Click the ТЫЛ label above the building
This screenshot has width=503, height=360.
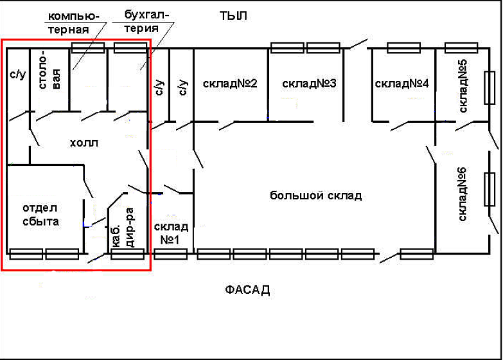pyautogui.click(x=233, y=15)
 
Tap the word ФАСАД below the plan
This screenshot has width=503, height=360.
pyautogui.click(x=247, y=290)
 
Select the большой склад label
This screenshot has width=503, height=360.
pyautogui.click(x=315, y=195)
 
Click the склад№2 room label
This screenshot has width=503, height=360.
pyautogui.click(x=230, y=84)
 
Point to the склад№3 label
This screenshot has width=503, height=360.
pyautogui.click(x=309, y=84)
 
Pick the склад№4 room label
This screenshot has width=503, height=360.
pyautogui.click(x=402, y=84)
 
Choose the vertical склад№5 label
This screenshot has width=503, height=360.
pyautogui.click(x=463, y=86)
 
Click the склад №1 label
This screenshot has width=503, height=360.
pyautogui.click(x=171, y=233)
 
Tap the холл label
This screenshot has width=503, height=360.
pyautogui.click(x=84, y=143)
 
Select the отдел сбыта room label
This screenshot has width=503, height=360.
pyautogui.click(x=40, y=215)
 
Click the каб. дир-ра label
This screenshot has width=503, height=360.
pyautogui.click(x=123, y=228)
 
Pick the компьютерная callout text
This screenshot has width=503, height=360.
pyautogui.click(x=72, y=22)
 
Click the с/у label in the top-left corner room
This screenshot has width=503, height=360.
pyautogui.click(x=17, y=75)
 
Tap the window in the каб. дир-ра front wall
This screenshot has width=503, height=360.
pyautogui.click(x=127, y=254)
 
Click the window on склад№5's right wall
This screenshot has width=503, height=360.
pyautogui.click(x=490, y=87)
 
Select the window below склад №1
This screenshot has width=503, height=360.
pyautogui.click(x=170, y=254)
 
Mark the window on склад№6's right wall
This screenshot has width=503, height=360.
pyautogui.click(x=490, y=189)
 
